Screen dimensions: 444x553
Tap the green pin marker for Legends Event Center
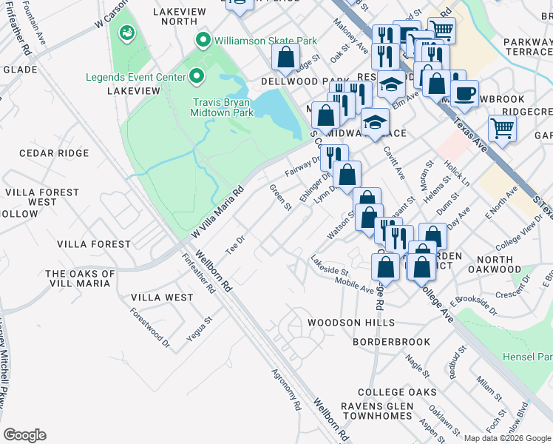tap(197, 76)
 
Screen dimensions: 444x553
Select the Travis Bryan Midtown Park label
tap(223, 107)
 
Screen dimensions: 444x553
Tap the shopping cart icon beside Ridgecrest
tap(502, 127)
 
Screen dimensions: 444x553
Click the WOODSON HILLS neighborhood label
tap(347, 323)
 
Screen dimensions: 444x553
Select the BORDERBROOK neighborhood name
tap(391, 342)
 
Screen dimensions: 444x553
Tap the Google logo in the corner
tap(24, 435)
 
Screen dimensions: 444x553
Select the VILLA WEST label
tap(162, 297)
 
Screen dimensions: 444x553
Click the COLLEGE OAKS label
tap(392, 392)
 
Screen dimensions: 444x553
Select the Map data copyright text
tap(505, 437)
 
